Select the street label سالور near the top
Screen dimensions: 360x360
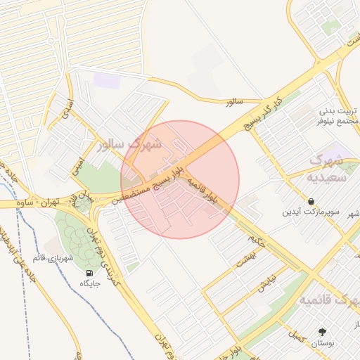(x=233, y=102)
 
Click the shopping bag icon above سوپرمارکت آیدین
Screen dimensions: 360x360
(x=311, y=201)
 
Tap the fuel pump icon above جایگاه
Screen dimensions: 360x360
(x=89, y=273)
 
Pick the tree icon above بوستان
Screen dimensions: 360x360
(x=323, y=332)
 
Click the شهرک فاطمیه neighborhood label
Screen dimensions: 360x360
(x=329, y=300)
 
